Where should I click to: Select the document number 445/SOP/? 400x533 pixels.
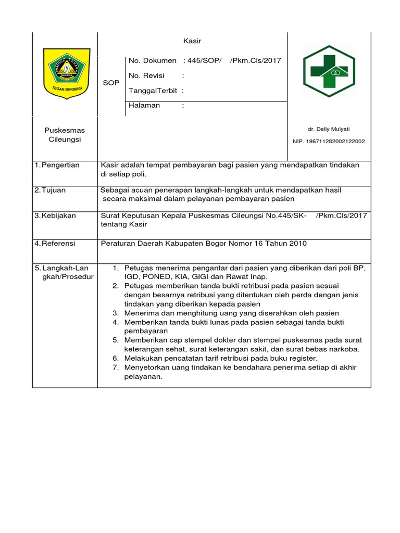205,60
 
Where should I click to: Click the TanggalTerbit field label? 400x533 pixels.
153,91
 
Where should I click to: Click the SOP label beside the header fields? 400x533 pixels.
111,83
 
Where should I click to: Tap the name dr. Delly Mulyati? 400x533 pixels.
329,129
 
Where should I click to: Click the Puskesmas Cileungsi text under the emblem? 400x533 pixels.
65,135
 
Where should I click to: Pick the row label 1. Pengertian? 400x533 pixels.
57,165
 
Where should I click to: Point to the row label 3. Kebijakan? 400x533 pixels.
55,215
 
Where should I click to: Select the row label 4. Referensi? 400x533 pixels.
55,243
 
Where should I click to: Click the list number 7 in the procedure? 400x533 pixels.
116,368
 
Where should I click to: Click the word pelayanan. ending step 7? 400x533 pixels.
144,377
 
